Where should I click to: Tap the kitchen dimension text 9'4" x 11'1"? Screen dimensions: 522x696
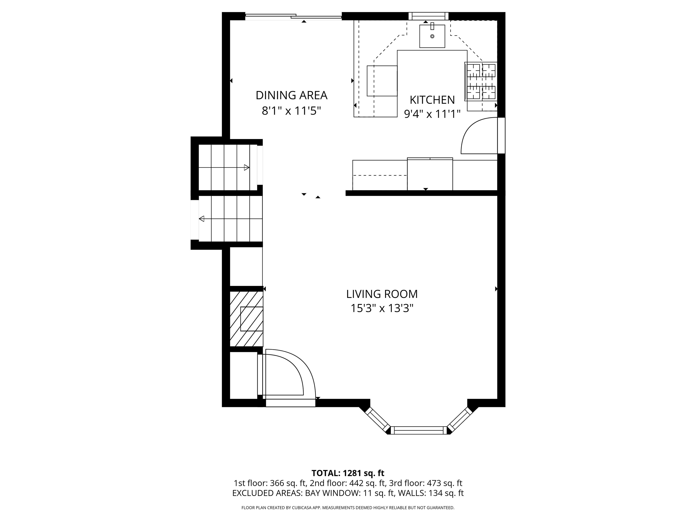(x=432, y=114)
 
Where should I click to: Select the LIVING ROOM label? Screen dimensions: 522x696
(x=382, y=294)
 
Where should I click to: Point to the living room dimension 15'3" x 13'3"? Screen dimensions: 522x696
(x=382, y=308)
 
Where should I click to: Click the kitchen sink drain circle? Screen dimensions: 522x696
(x=432, y=36)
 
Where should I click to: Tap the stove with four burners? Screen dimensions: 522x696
(x=481, y=82)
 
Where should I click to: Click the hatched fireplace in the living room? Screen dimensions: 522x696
(x=246, y=319)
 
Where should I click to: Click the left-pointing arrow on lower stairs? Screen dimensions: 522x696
(x=202, y=219)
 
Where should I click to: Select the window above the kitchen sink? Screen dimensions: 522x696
(x=428, y=16)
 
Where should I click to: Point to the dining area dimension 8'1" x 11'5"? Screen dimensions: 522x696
(x=291, y=111)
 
